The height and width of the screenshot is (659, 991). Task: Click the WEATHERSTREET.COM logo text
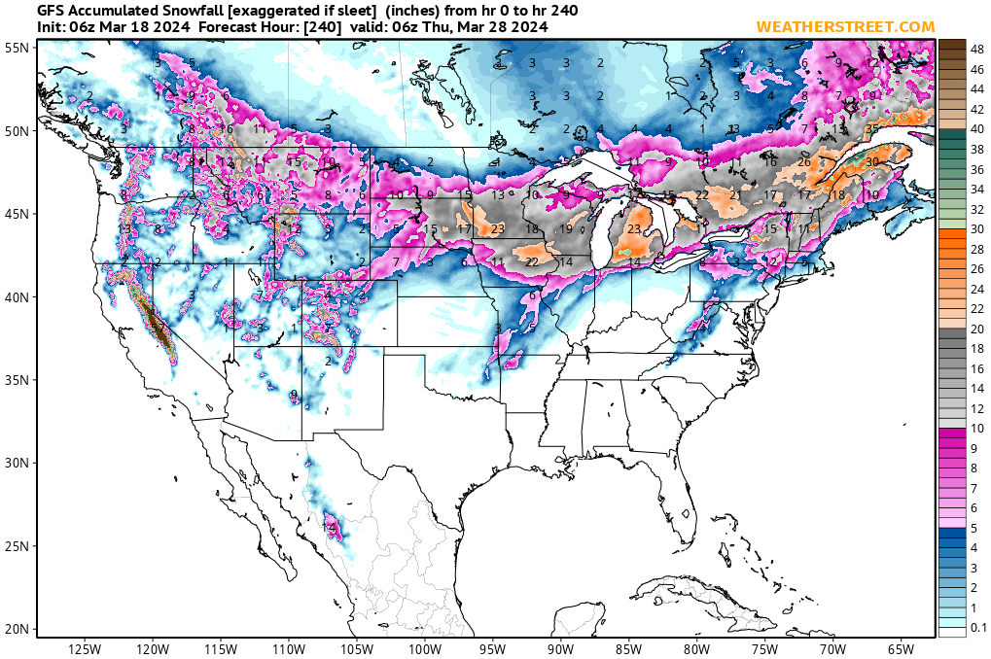point(845,26)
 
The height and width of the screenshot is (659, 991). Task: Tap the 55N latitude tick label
point(17,47)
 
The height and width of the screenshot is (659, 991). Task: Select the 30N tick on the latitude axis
point(17,463)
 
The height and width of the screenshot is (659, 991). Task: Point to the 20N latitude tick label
point(17,629)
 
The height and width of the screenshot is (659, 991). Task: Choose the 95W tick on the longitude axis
point(492,648)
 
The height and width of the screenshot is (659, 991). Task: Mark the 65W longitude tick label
point(901,648)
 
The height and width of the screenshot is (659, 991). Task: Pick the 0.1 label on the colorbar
point(979,628)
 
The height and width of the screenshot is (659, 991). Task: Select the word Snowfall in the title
point(182,10)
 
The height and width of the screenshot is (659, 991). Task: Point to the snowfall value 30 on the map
point(872,161)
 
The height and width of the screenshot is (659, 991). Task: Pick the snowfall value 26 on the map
point(804,161)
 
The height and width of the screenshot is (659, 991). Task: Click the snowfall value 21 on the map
point(736,195)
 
